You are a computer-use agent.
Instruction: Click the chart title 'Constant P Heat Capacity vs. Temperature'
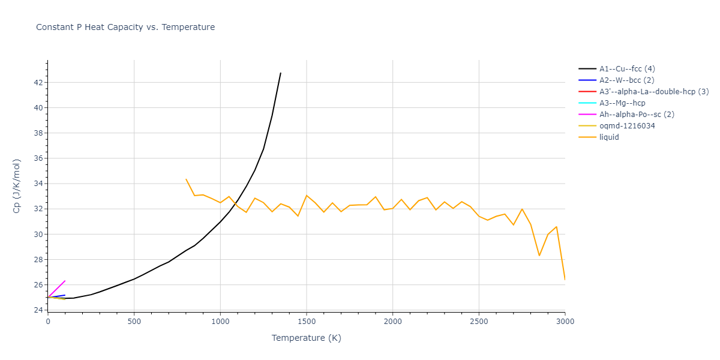pyautogui.click(x=125, y=27)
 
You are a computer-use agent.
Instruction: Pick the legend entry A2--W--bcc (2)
pyautogui.click(x=628, y=80)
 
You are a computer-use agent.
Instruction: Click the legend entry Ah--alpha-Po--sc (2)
pyautogui.click(x=637, y=115)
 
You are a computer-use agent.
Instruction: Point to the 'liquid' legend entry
pyautogui.click(x=609, y=137)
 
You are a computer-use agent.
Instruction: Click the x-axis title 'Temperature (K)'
pyautogui.click(x=306, y=338)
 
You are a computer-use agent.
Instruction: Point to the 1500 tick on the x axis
pyautogui.click(x=307, y=322)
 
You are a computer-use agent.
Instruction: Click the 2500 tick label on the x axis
pyautogui.click(x=479, y=322)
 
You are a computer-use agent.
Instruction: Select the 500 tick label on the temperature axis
pyautogui.click(x=134, y=322)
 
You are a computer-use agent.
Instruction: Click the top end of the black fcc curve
pyautogui.click(x=280, y=73)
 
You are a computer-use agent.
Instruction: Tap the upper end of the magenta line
pyautogui.click(x=65, y=281)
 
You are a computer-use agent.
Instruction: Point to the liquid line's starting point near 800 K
pyautogui.click(x=186, y=179)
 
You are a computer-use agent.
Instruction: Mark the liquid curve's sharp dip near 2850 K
pyautogui.click(x=539, y=256)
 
